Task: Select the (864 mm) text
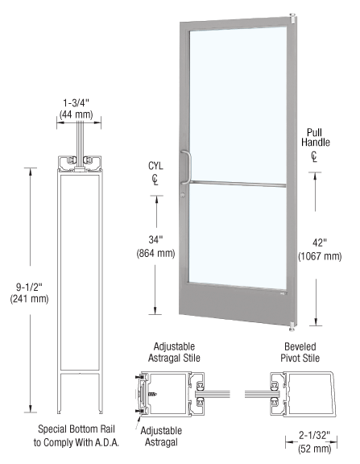[152, 252]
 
